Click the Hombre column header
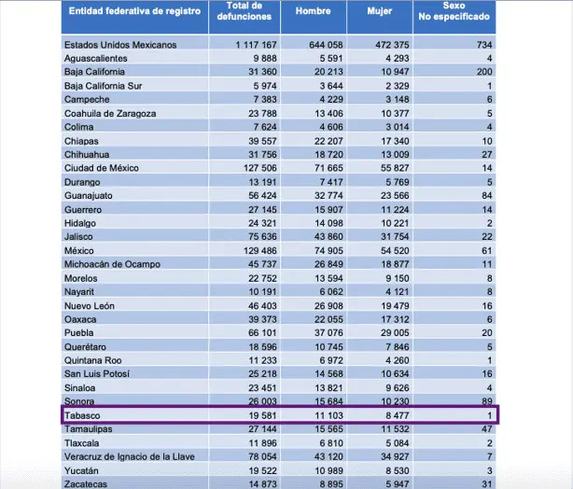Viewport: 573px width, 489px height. tap(314, 11)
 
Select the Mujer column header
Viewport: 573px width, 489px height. tap(379, 11)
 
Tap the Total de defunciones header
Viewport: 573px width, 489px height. tap(245, 11)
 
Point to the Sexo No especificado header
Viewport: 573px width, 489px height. tap(454, 11)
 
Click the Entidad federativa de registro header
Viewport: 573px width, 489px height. tap(134, 11)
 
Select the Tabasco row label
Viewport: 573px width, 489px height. tap(82, 415)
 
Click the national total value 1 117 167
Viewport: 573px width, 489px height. tap(256, 45)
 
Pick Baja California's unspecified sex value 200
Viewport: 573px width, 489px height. tap(484, 72)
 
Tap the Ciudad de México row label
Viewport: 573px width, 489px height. tap(102, 168)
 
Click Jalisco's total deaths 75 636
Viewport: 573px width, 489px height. tap(262, 237)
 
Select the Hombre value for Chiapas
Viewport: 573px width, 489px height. tap(328, 141)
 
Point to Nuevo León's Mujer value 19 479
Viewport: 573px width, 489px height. tap(395, 306)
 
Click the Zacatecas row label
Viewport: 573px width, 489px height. tap(86, 484)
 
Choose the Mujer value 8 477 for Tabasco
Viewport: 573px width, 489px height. tap(398, 415)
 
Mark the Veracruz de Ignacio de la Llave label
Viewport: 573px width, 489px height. tap(130, 457)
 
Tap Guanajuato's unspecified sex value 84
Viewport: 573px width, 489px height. tap(487, 196)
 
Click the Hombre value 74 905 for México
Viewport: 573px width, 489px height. tap(328, 251)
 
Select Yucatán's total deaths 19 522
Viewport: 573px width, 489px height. tap(262, 470)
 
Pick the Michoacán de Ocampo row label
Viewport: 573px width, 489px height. tap(112, 264)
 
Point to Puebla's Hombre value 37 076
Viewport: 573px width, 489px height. tap(328, 333)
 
